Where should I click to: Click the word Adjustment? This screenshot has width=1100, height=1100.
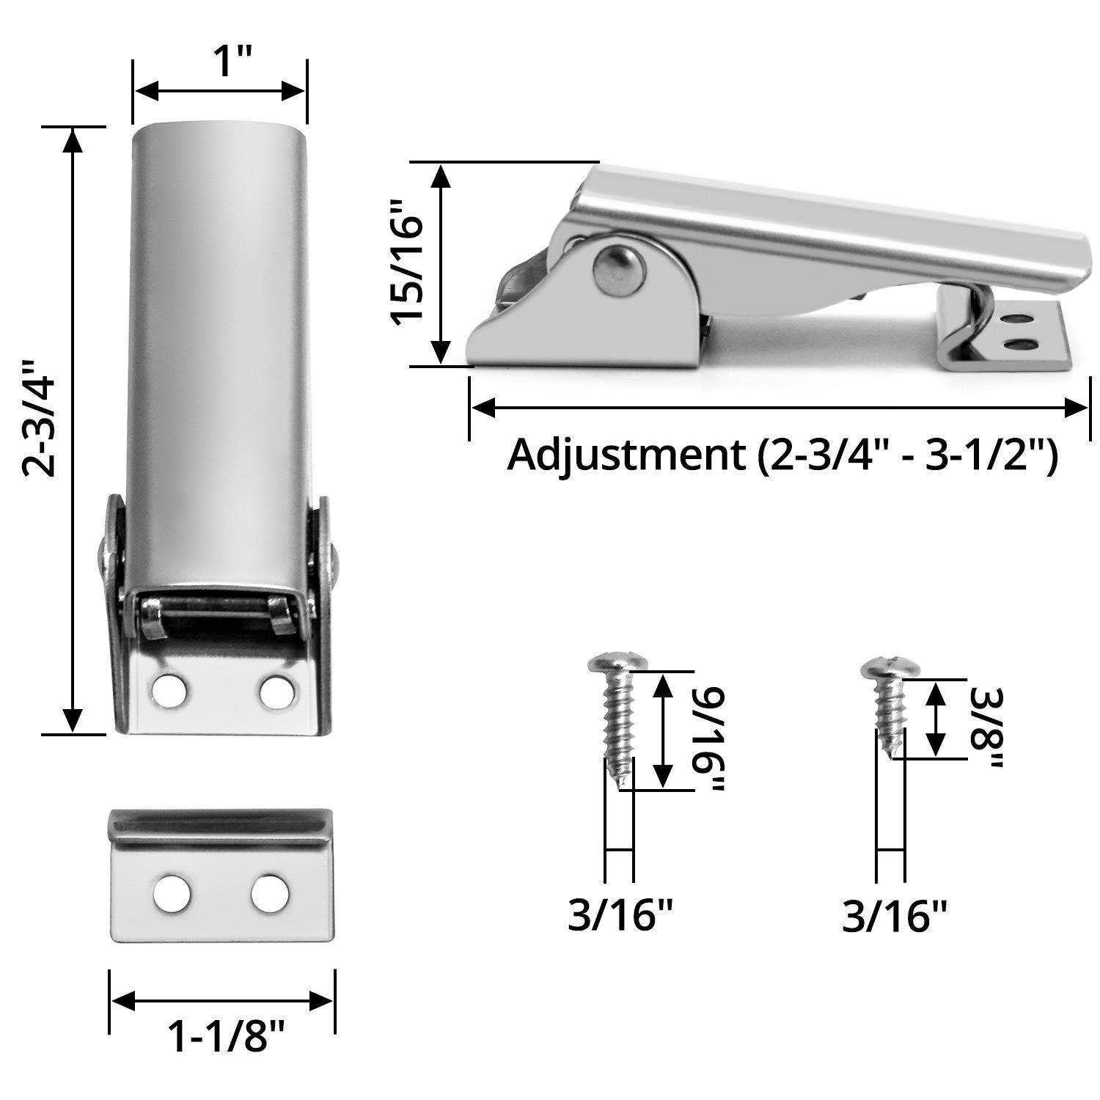pyautogui.click(x=626, y=456)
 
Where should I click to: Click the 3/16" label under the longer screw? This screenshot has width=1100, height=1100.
pyautogui.click(x=620, y=916)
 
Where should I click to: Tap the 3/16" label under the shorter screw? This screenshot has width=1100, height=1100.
pyautogui.click(x=894, y=916)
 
